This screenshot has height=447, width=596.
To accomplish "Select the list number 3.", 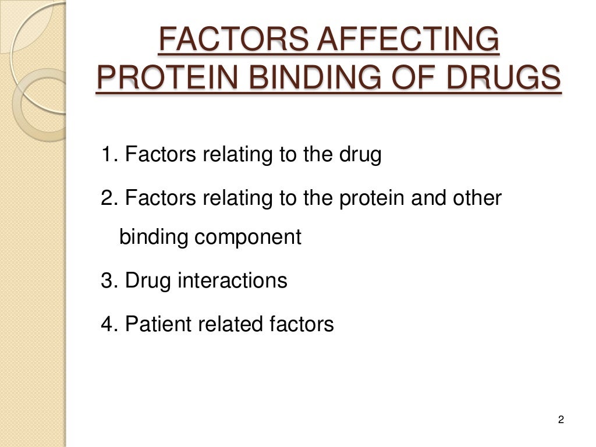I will pos(107,280).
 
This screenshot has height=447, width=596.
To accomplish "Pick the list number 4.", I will pos(107,323).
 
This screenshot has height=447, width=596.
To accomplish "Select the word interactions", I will pos(232,280).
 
